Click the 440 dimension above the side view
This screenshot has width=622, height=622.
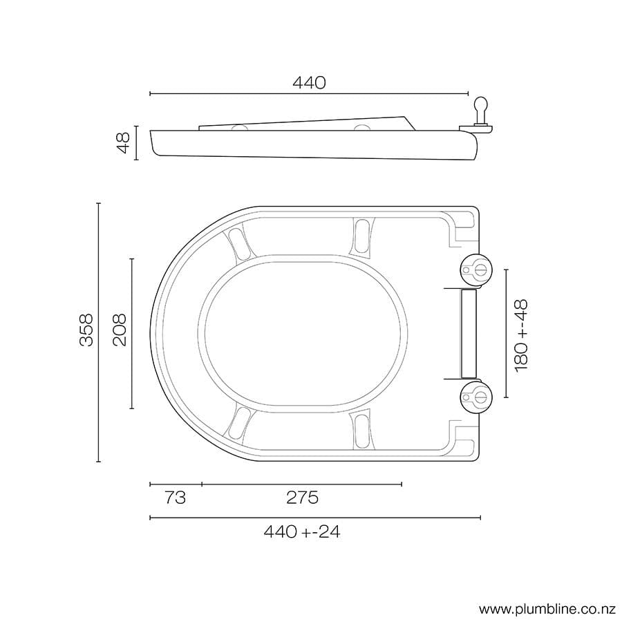tap(309, 83)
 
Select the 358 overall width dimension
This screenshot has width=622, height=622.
tap(84, 331)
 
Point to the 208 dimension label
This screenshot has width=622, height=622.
tap(118, 331)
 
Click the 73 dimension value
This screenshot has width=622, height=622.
tap(176, 498)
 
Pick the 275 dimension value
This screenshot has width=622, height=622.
tap(301, 498)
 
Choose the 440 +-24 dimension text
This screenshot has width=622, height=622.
tap(302, 533)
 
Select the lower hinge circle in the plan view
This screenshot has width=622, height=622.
tap(475, 397)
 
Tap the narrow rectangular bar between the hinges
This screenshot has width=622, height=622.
tap(468, 333)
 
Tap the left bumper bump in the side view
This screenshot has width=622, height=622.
tap(241, 128)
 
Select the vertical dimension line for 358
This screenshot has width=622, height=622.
tap(99, 332)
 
